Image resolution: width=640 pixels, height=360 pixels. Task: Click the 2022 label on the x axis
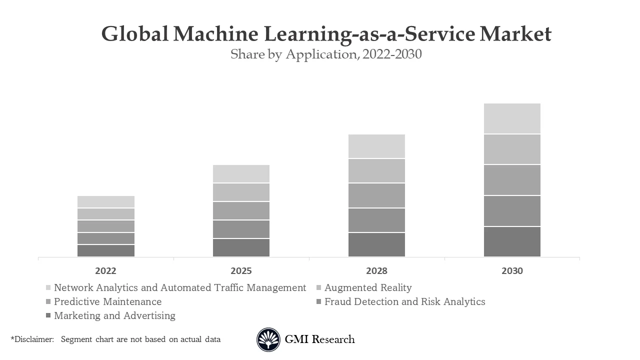[105, 271]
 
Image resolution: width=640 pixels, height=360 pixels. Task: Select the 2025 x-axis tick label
[241, 271]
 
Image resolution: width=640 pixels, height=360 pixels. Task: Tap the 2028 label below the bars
[376, 271]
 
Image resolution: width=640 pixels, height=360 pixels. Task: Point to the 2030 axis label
[512, 271]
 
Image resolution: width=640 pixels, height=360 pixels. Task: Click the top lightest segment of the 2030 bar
[512, 118]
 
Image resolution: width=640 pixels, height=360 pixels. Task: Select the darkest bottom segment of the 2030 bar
[512, 242]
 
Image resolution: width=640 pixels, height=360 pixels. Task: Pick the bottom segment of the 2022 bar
[105, 250]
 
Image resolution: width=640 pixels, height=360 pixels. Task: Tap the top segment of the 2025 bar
[241, 173]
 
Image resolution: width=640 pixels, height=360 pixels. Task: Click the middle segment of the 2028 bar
[376, 195]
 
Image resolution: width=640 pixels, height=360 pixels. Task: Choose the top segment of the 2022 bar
[105, 201]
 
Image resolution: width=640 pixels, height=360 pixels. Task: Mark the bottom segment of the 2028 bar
[376, 245]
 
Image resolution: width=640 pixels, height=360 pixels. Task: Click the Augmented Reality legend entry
[368, 287]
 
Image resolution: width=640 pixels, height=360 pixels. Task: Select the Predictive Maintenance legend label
[107, 301]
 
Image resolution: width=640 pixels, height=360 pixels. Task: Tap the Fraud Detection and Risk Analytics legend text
[404, 301]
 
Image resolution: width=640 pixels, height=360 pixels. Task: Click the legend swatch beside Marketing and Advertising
[48, 315]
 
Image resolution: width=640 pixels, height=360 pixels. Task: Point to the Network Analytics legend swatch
[48, 287]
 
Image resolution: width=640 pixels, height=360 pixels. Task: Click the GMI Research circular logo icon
[268, 339]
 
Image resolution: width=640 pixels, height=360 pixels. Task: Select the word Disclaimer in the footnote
[33, 339]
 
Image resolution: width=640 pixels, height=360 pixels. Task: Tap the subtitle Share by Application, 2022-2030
[326, 54]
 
